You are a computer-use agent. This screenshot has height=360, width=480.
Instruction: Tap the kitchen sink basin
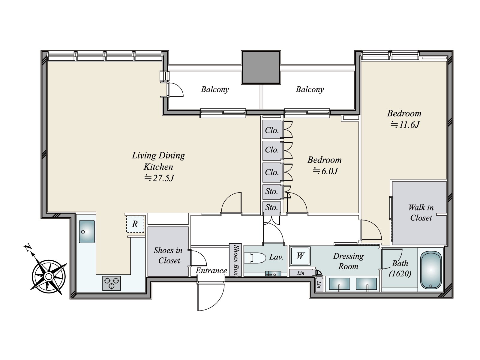coord(87,232)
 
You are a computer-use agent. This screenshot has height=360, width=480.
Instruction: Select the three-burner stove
coord(112,283)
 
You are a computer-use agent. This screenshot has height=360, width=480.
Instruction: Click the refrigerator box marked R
coord(135,224)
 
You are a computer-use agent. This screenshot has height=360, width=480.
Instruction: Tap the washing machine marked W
coord(300,256)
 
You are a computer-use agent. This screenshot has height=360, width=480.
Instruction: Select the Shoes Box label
coord(235,260)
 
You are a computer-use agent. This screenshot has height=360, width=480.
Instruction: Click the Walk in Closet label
coord(421,213)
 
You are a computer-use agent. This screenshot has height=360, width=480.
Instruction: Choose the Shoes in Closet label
coord(168,256)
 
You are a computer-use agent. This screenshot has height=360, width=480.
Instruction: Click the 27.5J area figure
coord(159,178)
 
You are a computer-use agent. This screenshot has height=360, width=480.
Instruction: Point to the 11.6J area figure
coord(405,125)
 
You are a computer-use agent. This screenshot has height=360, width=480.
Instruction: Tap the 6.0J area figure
coord(325,171)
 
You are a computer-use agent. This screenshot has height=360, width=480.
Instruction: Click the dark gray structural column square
coord(261,67)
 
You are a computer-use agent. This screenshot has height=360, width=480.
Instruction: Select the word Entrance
coord(211,271)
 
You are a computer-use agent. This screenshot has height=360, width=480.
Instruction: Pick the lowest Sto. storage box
coord(272,207)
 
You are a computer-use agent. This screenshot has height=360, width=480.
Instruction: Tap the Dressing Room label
coord(348,261)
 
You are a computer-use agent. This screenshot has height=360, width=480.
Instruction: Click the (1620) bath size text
coord(400,274)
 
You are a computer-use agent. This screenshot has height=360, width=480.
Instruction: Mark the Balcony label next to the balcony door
coord(215,89)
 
